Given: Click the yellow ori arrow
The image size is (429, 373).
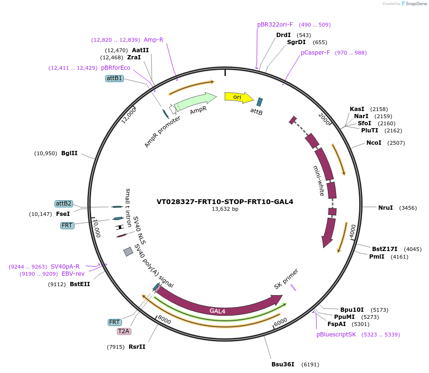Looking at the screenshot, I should pos(237,97).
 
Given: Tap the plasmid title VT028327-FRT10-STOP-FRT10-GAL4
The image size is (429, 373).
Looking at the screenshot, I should pos(225,202).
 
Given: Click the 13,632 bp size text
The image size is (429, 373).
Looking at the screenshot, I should pos(225,209).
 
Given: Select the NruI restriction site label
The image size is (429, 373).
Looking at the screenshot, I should pos(385,208).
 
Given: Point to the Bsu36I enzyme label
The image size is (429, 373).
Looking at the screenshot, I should pos(283,364).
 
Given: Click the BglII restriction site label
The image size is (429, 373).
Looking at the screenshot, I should pos(69,153).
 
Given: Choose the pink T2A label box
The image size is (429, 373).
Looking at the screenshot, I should pos(124,331).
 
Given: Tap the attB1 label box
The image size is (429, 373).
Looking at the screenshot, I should pos(114,78).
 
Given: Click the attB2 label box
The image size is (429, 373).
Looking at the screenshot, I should pos(64,204).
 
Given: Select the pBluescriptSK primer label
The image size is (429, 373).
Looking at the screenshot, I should pos(336,335).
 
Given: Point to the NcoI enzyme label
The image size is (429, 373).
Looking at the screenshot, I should pos(373,143).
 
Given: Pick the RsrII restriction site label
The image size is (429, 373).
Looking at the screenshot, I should pos(137,347).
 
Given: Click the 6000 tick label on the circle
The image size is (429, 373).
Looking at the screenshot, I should pos(281,321).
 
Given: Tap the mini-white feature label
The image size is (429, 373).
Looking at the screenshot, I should pos(319,181).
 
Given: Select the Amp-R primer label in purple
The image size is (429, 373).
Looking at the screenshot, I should pos(153,40).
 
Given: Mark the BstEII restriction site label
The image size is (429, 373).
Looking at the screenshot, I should pos(80,284).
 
